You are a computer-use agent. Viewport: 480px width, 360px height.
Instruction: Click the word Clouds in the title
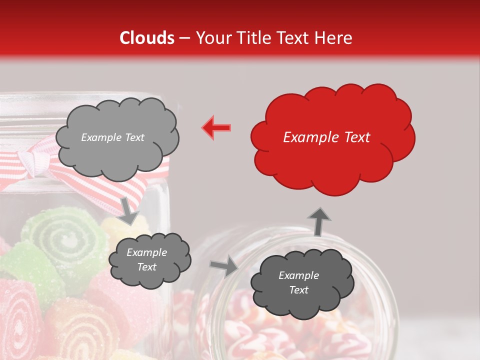pyautogui.click(x=147, y=38)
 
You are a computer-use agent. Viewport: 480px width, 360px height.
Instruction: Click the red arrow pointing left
pyautogui.click(x=216, y=127)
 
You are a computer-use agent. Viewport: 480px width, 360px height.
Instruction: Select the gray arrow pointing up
pyautogui.click(x=318, y=221)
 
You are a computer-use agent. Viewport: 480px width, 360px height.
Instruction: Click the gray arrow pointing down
pyautogui.click(x=128, y=210)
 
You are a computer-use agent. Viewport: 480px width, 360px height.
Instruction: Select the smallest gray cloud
pyautogui.click(x=149, y=259)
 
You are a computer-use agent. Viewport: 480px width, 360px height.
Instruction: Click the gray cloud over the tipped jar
pyautogui.click(x=300, y=283)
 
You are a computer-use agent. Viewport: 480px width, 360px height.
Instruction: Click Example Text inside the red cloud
pyautogui.click(x=326, y=137)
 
